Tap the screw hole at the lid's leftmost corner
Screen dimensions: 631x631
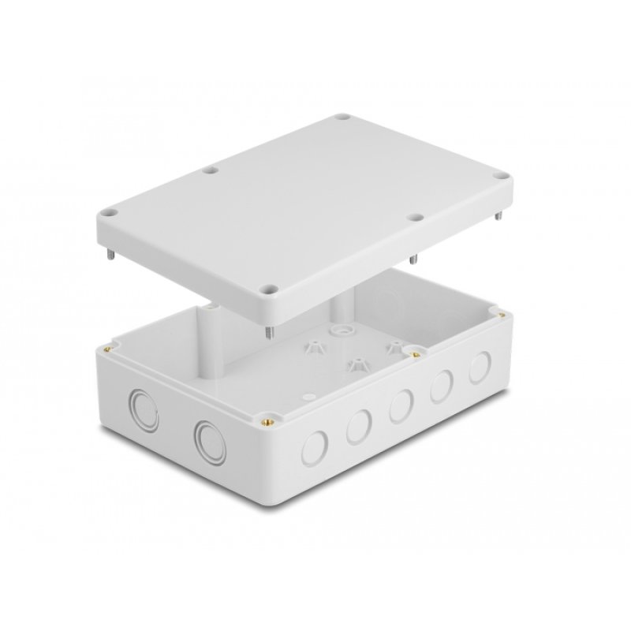click(x=110, y=213)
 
